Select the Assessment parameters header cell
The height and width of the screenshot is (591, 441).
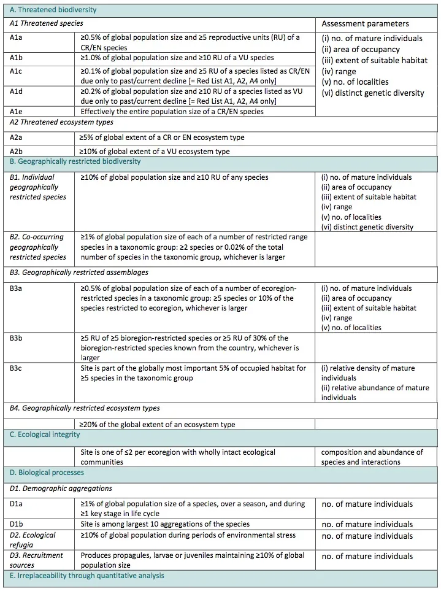(x=365, y=23)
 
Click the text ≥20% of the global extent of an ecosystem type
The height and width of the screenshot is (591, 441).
(x=158, y=424)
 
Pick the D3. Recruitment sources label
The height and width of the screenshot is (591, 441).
(x=37, y=560)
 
